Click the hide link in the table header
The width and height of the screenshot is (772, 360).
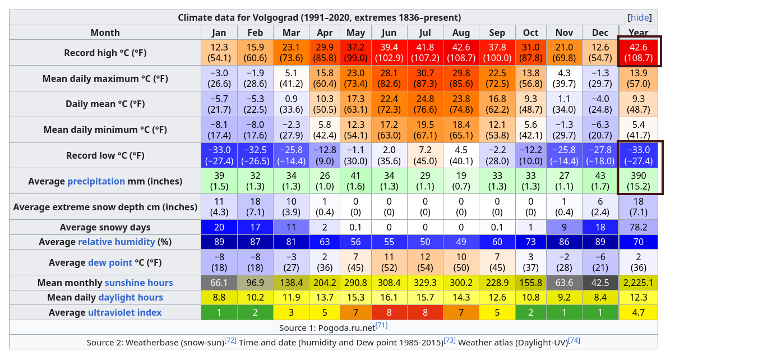pos(640,17)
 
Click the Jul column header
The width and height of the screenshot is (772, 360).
pos(425,33)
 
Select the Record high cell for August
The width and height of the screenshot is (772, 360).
pos(461,52)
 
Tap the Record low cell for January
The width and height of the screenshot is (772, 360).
pos(219,155)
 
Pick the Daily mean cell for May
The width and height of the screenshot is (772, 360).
pos(356,104)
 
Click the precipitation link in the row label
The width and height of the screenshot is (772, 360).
pos(96,181)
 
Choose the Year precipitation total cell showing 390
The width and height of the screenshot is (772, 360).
pos(639,181)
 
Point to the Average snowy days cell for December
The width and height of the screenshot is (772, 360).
pos(600,227)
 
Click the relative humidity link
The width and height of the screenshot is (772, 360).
pos(116,242)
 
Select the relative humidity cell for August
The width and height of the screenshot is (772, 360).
pos(461,242)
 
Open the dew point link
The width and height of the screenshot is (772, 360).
pos(110,262)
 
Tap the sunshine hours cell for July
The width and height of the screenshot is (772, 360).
pos(425,283)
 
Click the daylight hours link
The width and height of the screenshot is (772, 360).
pos(131,297)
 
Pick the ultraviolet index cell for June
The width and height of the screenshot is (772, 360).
pos(389,312)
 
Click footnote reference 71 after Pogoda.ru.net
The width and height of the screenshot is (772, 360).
pos(381,326)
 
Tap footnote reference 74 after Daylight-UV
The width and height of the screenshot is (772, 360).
pos(574,340)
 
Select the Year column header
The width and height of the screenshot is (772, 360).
pos(639,33)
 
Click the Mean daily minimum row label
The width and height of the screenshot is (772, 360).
pos(105,130)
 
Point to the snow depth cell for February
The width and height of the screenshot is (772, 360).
pos(255,207)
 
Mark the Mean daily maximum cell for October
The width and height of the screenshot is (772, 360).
pos(530,78)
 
